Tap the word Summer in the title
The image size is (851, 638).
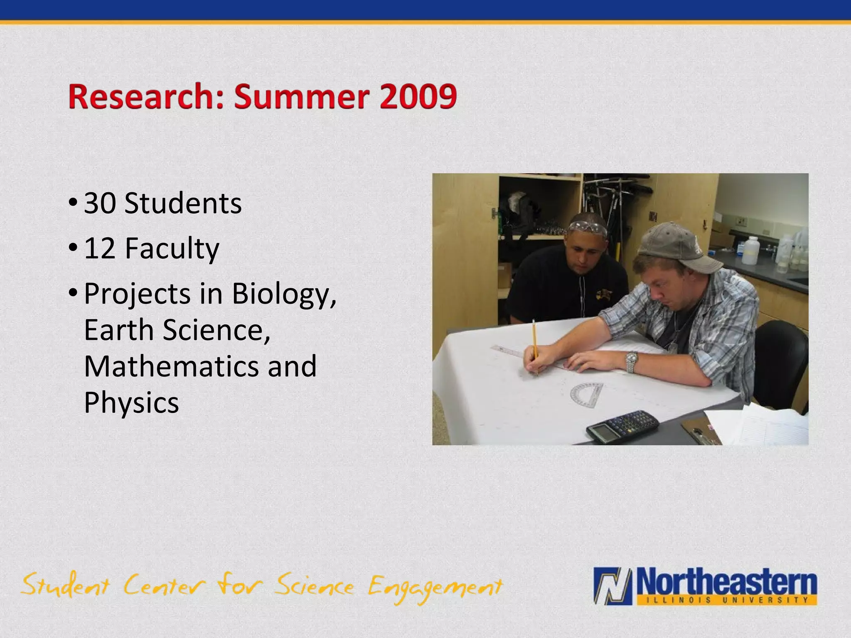pos(301,96)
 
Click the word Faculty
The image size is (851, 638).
pos(172,248)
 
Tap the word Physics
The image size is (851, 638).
pos(131,402)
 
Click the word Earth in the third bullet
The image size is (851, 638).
pos(119,330)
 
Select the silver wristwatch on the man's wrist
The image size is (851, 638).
pos(632,361)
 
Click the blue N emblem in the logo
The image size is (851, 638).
pos(613,586)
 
